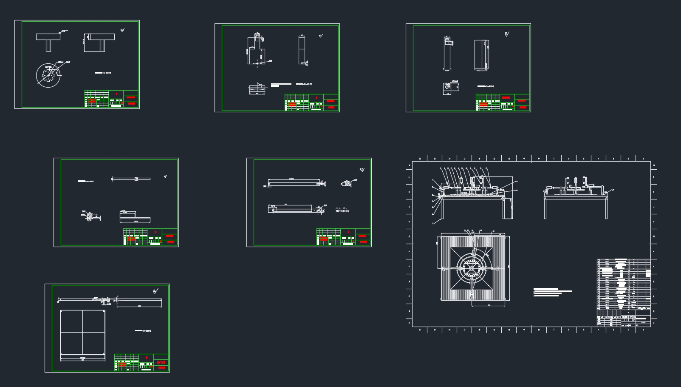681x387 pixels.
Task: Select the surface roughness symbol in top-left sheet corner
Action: (x=122, y=30)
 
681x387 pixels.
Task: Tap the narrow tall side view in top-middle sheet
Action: (x=302, y=50)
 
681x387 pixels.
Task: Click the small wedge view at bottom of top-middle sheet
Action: (x=257, y=89)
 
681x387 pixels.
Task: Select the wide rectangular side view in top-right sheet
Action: (x=481, y=55)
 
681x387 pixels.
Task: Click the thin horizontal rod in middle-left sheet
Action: (x=131, y=179)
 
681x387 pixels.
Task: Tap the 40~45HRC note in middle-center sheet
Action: (x=342, y=211)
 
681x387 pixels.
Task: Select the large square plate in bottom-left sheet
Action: (x=82, y=332)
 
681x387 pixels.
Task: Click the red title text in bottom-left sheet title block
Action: (x=161, y=363)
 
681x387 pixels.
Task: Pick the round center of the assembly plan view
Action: (x=472, y=268)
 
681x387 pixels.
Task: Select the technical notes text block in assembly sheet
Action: (x=551, y=292)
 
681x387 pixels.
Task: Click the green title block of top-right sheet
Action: (x=503, y=102)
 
